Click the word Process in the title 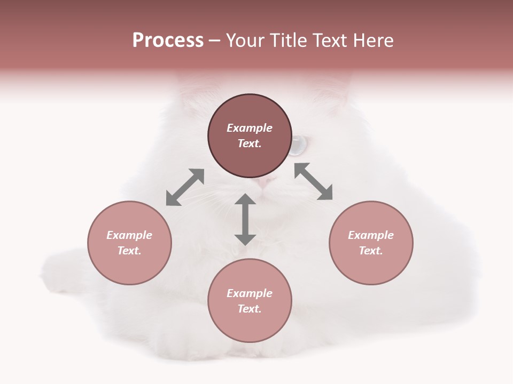click(168, 41)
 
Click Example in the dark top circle click(250, 128)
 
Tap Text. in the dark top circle click(250, 143)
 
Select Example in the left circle click(129, 235)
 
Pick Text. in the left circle click(129, 251)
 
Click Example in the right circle click(371, 235)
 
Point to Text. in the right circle click(371, 251)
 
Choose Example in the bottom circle click(250, 293)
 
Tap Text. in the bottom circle click(250, 309)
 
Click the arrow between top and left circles click(185, 187)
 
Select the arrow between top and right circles click(313, 181)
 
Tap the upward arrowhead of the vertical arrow click(245, 200)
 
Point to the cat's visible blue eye click(298, 144)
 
